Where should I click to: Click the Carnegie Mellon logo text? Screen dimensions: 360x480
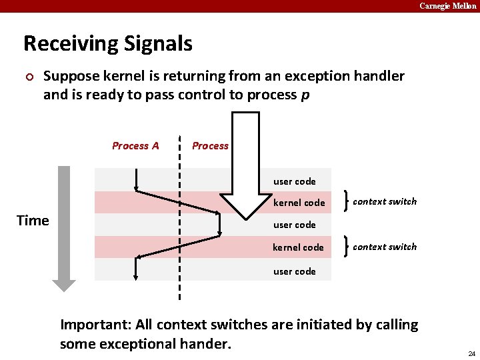447,6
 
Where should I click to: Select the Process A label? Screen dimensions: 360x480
135,146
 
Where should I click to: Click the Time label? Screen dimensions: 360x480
33,221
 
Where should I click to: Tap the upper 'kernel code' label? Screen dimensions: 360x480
299,203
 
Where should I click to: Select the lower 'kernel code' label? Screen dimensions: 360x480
298,247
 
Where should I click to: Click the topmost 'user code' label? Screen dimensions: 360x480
294,181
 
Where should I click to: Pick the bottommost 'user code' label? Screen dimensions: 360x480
294,271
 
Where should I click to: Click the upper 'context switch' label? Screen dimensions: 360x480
385,201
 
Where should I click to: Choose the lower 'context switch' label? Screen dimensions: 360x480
385,247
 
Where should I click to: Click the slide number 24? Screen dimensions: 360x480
471,353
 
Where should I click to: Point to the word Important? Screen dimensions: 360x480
95,325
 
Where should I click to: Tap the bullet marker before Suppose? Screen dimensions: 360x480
27,76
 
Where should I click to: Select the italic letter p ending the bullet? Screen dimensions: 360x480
305,95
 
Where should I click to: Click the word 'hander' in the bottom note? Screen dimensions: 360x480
208,344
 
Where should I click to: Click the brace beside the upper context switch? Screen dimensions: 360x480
345,201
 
